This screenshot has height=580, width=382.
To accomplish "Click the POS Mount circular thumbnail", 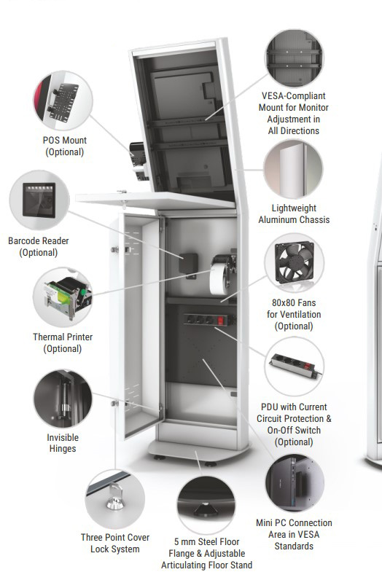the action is (x=63, y=101).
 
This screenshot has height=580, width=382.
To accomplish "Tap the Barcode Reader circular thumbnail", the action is (x=39, y=200).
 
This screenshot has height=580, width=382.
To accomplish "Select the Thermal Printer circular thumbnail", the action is (x=63, y=297).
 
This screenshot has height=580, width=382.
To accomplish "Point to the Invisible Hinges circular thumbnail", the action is (x=63, y=399).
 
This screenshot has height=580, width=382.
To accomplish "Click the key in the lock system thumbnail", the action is (x=115, y=498).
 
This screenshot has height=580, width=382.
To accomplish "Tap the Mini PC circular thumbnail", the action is (x=295, y=483).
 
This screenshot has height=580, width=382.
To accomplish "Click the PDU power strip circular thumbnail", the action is (x=295, y=367).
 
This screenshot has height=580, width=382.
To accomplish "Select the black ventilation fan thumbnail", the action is (x=295, y=262).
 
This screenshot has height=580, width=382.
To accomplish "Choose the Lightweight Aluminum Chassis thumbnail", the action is (x=294, y=170).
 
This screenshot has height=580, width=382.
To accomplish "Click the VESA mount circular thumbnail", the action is (x=295, y=58).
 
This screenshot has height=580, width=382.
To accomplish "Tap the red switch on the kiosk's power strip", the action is (x=221, y=321).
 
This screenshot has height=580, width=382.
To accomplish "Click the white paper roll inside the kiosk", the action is (x=219, y=276).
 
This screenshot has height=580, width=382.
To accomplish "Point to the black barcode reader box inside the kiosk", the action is (x=188, y=263).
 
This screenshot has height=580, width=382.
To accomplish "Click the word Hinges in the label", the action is (x=63, y=449).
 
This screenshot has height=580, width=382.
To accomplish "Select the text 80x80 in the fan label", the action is (x=281, y=302).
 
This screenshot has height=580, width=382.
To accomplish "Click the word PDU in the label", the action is (x=270, y=407).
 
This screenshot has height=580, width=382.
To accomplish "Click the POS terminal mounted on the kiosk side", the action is (x=139, y=162).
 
